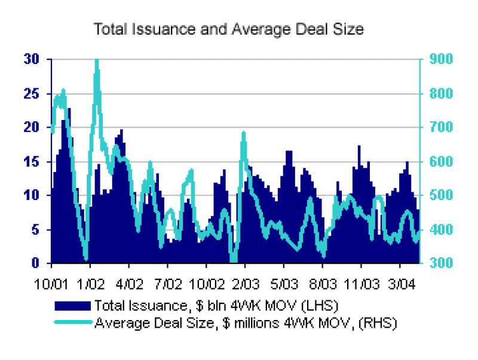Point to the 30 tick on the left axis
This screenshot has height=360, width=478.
pyautogui.click(x=30, y=60)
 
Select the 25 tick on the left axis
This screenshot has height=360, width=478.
pyautogui.click(x=30, y=94)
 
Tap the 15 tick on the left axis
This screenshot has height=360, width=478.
pyautogui.click(x=30, y=162)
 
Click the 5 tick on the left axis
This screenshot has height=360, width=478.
pyautogui.click(x=34, y=229)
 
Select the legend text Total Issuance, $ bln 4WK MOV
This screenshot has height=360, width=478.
pyautogui.click(x=216, y=306)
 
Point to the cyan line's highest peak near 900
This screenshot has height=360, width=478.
pyautogui.click(x=97, y=60)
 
